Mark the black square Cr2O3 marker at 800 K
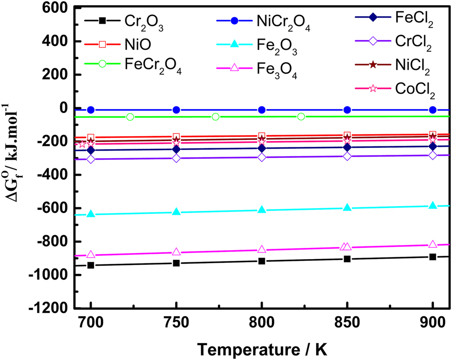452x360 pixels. click(x=262, y=261)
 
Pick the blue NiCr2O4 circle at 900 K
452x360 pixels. click(x=432, y=110)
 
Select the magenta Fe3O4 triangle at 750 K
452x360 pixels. click(x=176, y=252)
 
